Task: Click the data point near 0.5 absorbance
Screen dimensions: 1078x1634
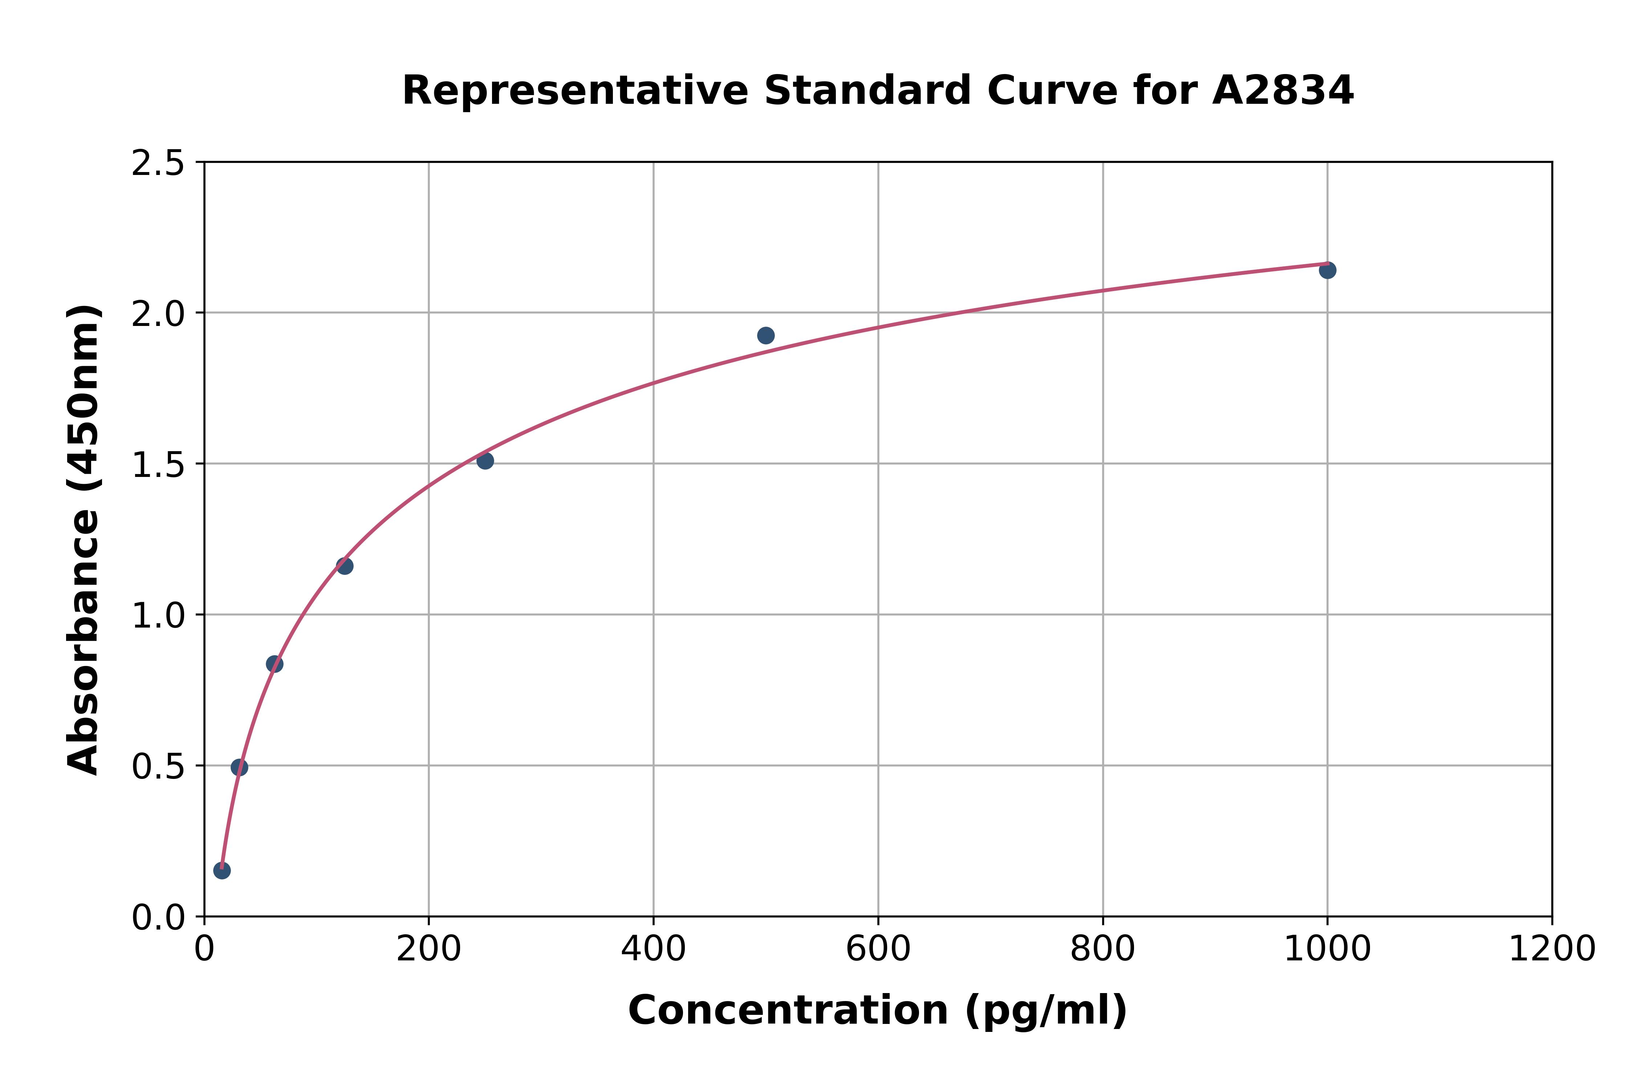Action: (239, 767)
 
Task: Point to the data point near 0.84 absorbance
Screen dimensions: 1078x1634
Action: (275, 664)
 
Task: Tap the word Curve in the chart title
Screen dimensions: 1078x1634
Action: (1052, 91)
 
